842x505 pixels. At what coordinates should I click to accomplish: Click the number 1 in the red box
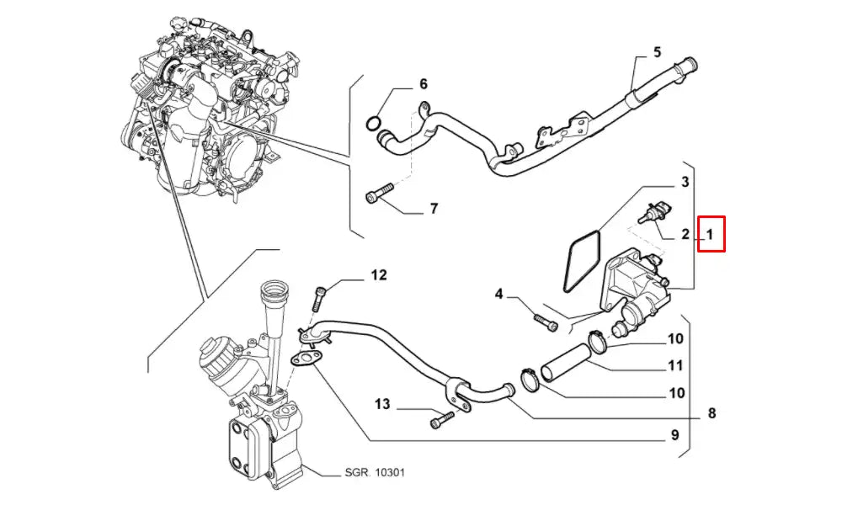(711, 234)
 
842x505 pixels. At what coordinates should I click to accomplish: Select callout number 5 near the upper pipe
(658, 52)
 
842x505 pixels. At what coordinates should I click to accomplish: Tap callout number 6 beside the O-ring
(423, 84)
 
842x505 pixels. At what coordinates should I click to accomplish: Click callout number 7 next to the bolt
(434, 208)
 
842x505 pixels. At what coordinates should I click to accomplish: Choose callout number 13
(382, 405)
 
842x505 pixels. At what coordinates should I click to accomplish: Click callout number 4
(499, 295)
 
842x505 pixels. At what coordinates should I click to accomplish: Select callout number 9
(674, 435)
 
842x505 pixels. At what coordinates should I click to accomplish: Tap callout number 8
(711, 412)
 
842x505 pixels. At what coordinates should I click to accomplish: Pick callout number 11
(675, 366)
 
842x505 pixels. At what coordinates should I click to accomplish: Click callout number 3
(685, 182)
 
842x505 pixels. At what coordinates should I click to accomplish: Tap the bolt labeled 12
(321, 297)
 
